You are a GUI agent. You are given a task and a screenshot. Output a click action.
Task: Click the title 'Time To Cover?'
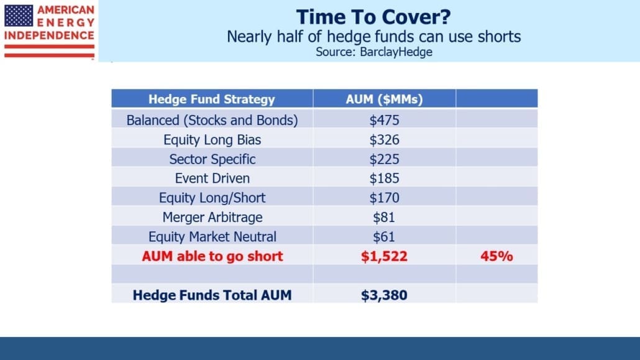point(373,17)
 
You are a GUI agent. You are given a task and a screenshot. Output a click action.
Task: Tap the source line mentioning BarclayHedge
point(374,52)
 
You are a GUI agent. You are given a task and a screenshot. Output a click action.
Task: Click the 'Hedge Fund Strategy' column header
point(211,99)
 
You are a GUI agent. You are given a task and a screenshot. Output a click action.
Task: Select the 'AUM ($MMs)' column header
point(384,99)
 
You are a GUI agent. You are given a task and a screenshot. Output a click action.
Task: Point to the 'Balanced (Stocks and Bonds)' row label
point(213,120)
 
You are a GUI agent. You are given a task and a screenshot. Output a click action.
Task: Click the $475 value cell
point(384,120)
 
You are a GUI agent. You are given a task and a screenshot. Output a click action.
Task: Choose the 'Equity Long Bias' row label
point(213,140)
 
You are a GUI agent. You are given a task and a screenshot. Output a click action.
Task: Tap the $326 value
point(384,140)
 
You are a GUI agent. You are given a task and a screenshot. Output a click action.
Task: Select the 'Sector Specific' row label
point(213,159)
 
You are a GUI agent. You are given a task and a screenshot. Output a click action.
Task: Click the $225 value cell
point(384,159)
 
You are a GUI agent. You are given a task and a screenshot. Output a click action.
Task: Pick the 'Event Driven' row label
point(213,178)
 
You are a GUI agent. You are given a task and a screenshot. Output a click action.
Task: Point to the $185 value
point(384,178)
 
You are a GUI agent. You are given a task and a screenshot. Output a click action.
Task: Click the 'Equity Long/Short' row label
point(213,198)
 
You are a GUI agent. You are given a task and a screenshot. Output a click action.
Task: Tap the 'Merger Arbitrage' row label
point(213,218)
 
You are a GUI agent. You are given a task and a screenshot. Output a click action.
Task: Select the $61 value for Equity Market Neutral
point(384,237)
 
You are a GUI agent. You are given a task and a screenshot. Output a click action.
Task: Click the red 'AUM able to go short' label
point(213,256)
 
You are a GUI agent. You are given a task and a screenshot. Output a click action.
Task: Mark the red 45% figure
point(496,256)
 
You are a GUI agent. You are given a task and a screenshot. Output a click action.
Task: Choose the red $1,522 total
point(384,256)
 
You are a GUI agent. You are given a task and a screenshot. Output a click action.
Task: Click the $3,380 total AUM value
point(384,295)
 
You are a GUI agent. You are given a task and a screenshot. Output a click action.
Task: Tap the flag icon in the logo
point(19,16)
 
